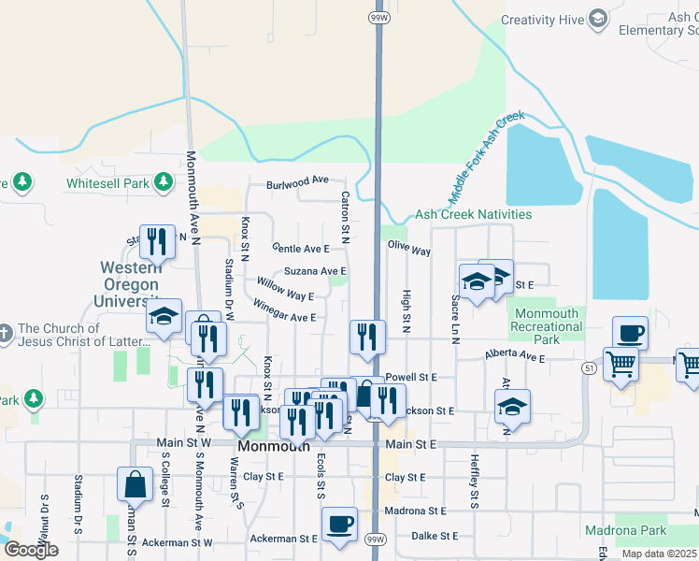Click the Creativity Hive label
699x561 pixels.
click(x=541, y=20)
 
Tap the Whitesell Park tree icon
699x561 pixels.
click(x=164, y=180)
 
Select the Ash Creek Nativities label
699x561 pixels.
click(x=474, y=214)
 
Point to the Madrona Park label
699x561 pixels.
click(x=625, y=530)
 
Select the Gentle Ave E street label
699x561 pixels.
click(x=301, y=249)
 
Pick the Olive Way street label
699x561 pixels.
click(x=408, y=251)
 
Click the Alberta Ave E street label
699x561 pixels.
click(x=514, y=356)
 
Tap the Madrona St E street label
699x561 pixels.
click(x=415, y=511)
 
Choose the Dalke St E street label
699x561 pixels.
click(x=435, y=536)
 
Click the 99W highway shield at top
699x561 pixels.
click(x=378, y=17)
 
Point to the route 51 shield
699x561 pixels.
click(x=589, y=368)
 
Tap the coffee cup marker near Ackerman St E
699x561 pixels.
click(x=339, y=525)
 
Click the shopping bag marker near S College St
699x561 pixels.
click(x=135, y=483)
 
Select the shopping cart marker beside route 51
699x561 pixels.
click(x=621, y=364)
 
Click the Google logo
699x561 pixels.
click(x=31, y=550)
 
